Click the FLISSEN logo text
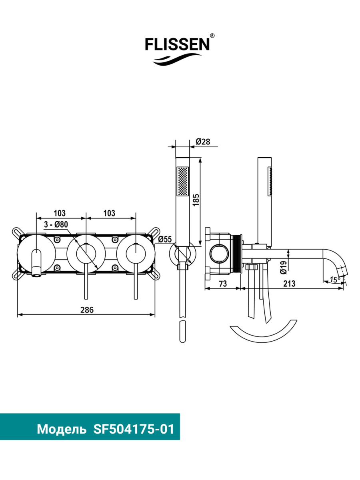[x=177, y=44]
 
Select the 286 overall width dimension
[x=87, y=310]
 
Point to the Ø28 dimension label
[x=203, y=142]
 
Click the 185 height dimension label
[x=196, y=199]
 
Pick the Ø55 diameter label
[x=165, y=240]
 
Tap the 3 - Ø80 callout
[x=56, y=224]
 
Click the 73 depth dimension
[x=223, y=284]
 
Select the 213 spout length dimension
[x=289, y=284]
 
